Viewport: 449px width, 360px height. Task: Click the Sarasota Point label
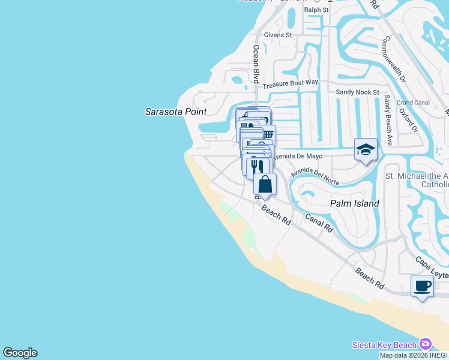pyautogui.click(x=176, y=112)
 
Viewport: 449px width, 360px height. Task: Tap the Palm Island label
pyautogui.click(x=355, y=203)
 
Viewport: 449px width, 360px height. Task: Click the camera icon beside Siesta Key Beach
pyautogui.click(x=426, y=344)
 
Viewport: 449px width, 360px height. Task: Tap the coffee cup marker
pyautogui.click(x=423, y=286)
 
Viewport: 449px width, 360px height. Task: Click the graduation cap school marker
pyautogui.click(x=366, y=149)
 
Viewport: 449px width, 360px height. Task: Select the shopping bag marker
pyautogui.click(x=265, y=184)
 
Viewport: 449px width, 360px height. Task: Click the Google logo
pyautogui.click(x=20, y=353)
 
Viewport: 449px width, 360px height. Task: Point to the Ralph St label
pyautogui.click(x=316, y=10)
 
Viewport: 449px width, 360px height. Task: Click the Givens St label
pyautogui.click(x=280, y=35)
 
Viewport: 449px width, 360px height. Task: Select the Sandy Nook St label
pyautogui.click(x=357, y=92)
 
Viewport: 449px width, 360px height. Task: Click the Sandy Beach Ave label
pyautogui.click(x=388, y=120)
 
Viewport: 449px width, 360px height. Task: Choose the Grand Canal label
pyautogui.click(x=413, y=103)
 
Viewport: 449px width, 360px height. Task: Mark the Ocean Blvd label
pyautogui.click(x=256, y=64)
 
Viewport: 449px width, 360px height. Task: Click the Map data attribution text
pyautogui.click(x=414, y=355)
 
